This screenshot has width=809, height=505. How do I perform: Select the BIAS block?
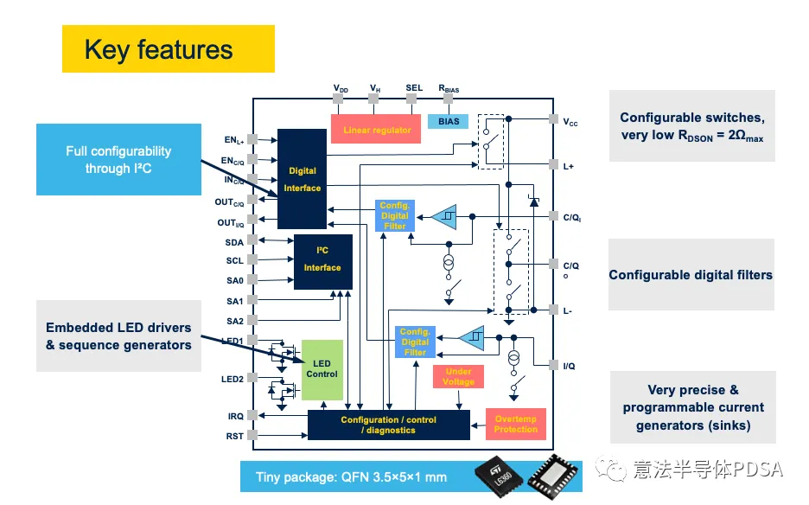[x=449, y=122]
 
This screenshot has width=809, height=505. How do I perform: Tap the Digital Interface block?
[x=302, y=179]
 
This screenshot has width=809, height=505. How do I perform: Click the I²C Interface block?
[x=322, y=259]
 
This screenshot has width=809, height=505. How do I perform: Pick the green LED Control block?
[x=322, y=368]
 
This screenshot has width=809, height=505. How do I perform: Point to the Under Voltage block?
[x=458, y=376]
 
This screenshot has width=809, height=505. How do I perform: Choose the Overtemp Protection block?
[x=515, y=424]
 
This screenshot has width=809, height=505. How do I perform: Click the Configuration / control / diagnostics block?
[x=388, y=425]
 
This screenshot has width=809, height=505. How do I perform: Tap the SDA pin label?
[x=234, y=242]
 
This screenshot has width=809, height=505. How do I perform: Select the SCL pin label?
[x=234, y=261]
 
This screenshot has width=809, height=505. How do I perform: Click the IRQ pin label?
[x=235, y=417]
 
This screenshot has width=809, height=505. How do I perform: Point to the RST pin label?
[x=235, y=436]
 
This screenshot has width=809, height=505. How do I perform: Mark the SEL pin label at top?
[x=414, y=88]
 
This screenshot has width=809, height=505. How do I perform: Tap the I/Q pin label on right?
[x=569, y=366]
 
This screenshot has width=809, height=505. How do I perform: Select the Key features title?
[x=159, y=49]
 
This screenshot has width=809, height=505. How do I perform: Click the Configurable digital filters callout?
[x=691, y=275]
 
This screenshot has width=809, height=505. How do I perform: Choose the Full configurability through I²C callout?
[x=118, y=160]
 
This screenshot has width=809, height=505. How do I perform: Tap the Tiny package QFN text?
[x=351, y=476]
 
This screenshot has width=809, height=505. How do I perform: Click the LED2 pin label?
[x=233, y=379]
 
